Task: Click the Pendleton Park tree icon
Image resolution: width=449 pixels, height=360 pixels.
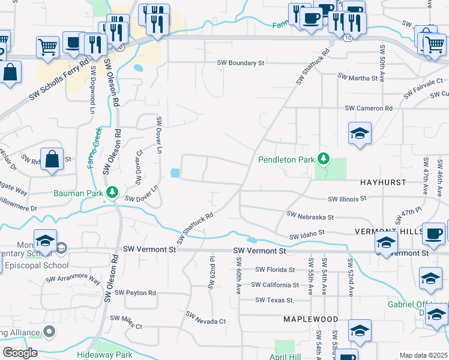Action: tap(324, 159)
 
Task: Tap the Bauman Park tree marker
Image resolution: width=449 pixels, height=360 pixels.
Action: tap(112, 193)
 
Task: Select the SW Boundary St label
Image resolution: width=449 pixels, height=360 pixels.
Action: tap(241, 62)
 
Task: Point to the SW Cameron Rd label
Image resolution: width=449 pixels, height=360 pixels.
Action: tap(368, 108)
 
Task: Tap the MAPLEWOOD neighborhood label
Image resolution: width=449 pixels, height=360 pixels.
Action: tap(312, 319)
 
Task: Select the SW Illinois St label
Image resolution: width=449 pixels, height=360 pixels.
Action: tap(347, 199)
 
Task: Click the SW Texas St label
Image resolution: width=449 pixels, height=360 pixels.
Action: tap(274, 300)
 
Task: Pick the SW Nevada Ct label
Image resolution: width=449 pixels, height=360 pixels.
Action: tap(205, 318)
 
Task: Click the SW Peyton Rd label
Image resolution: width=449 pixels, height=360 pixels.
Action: tap(133, 293)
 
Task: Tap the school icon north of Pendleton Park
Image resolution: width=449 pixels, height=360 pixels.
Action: tap(360, 134)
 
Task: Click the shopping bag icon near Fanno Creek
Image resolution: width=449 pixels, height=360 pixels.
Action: tap(52, 160)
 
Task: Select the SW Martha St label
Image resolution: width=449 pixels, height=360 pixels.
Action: tap(358, 77)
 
